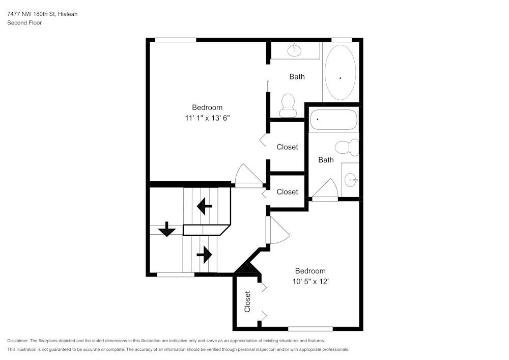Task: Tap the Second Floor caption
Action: [x=24, y=23]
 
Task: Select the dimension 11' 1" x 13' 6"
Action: [x=207, y=118]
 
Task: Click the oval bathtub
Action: [x=340, y=72]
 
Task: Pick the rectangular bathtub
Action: [x=333, y=120]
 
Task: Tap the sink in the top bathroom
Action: [x=294, y=50]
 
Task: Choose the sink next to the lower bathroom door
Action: [x=350, y=180]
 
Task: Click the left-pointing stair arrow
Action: [x=205, y=206]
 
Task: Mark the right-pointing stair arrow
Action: [x=204, y=254]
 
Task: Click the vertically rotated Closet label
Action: [x=247, y=301]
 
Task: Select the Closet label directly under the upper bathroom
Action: [x=287, y=147]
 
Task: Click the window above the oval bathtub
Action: [x=342, y=40]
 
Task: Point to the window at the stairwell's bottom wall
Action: [x=176, y=275]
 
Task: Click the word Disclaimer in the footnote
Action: [x=18, y=341]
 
